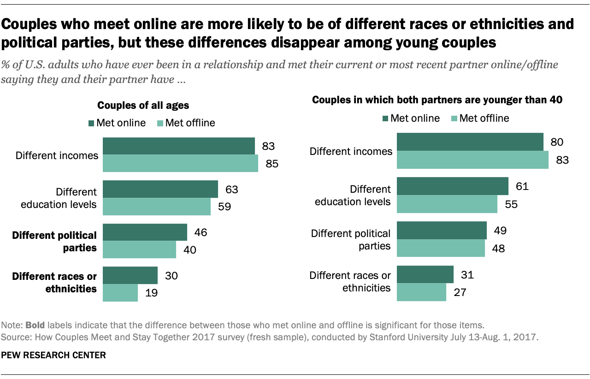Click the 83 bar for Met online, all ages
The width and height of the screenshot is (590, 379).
(178, 146)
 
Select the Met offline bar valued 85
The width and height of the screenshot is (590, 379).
(180, 163)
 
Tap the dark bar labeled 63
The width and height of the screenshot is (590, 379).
(160, 189)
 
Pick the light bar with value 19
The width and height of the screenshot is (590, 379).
(120, 293)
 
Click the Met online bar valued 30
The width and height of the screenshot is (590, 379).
(130, 275)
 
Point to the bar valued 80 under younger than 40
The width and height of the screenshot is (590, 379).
(470, 142)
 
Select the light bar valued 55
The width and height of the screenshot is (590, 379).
(447, 203)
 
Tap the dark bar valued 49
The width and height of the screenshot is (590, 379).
(442, 230)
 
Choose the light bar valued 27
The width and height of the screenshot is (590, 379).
(421, 292)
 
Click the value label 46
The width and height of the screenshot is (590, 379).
(201, 232)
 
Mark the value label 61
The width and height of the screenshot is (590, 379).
(522, 186)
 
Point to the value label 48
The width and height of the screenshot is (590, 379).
(499, 249)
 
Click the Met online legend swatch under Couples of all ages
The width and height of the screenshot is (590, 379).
(91, 123)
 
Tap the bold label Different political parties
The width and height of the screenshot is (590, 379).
(54, 242)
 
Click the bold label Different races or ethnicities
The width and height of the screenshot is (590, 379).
(54, 283)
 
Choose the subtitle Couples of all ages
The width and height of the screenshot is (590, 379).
(143, 106)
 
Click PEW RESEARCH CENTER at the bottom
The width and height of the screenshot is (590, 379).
(54, 355)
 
